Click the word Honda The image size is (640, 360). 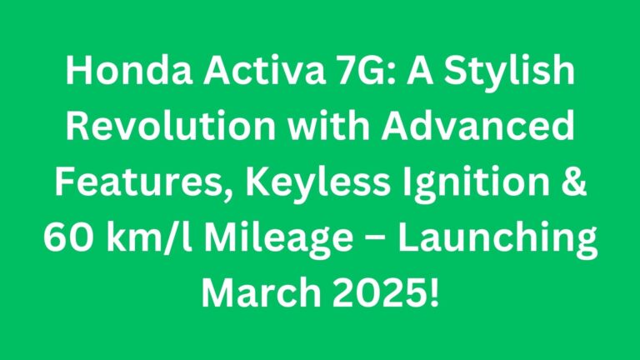(x=129, y=70)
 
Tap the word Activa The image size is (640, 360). (x=264, y=70)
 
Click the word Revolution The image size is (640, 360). (x=171, y=126)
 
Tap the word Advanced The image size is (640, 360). (x=477, y=126)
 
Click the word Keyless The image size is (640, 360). (x=317, y=185)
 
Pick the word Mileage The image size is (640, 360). (x=278, y=241)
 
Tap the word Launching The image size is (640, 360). (x=497, y=241)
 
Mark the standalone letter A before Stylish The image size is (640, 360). (x=420, y=71)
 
